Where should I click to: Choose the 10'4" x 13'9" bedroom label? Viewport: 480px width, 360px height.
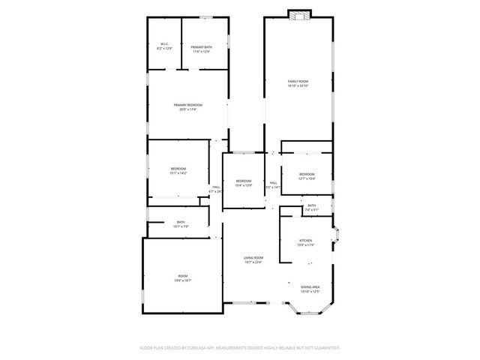point(244,182)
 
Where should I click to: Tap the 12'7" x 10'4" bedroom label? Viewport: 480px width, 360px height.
point(307,176)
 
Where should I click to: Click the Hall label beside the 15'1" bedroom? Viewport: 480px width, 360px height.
point(216,188)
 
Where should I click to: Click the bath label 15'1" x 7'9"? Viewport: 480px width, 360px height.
point(181,223)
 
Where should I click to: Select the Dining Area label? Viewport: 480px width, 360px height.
point(310,289)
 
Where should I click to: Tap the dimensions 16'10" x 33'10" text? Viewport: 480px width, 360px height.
point(298,85)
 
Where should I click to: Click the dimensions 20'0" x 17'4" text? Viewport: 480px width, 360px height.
point(188,109)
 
